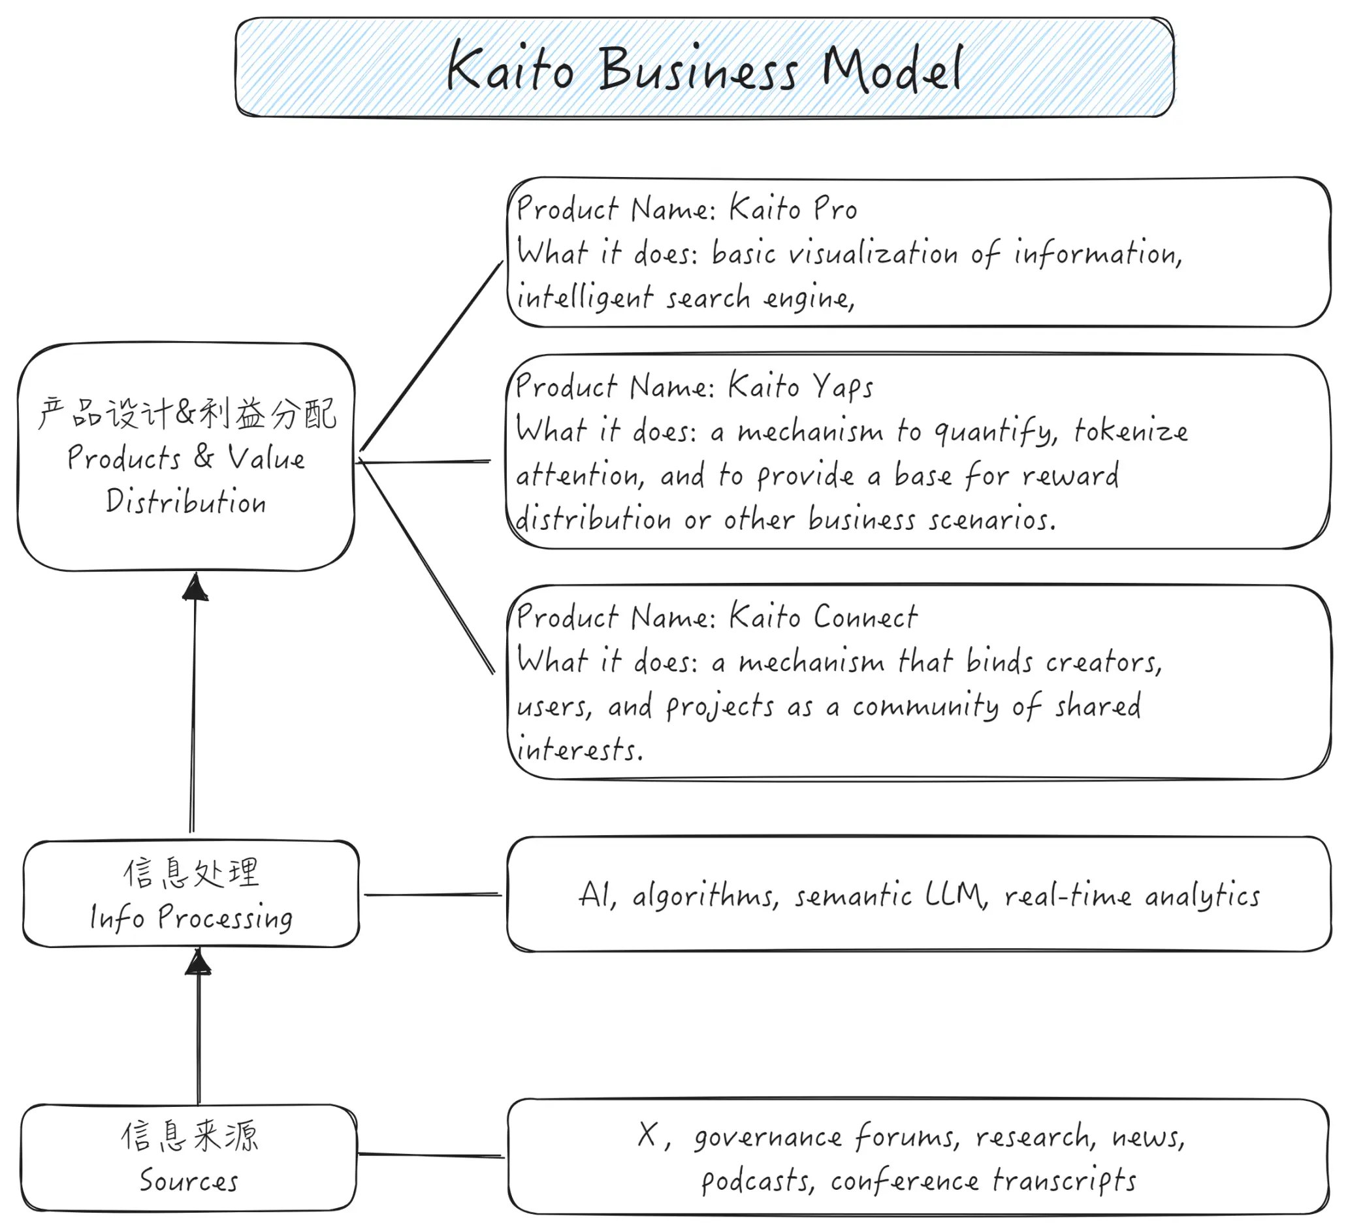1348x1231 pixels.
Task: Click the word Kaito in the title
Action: pos(510,66)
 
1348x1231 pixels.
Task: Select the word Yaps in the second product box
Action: pos(843,387)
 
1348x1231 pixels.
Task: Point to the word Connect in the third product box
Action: pos(865,616)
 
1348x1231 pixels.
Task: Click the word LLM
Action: pos(956,895)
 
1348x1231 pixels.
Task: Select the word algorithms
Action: pos(705,895)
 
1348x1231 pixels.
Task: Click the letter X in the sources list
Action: pos(648,1135)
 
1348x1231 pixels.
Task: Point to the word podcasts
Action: pos(758,1181)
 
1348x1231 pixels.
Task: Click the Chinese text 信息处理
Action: pos(191,872)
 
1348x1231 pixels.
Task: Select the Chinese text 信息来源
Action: pos(190,1136)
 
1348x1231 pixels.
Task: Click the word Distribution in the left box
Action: pos(186,502)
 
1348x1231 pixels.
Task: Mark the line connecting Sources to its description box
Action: pos(431,1155)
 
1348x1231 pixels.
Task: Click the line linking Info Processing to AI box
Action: pos(432,895)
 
